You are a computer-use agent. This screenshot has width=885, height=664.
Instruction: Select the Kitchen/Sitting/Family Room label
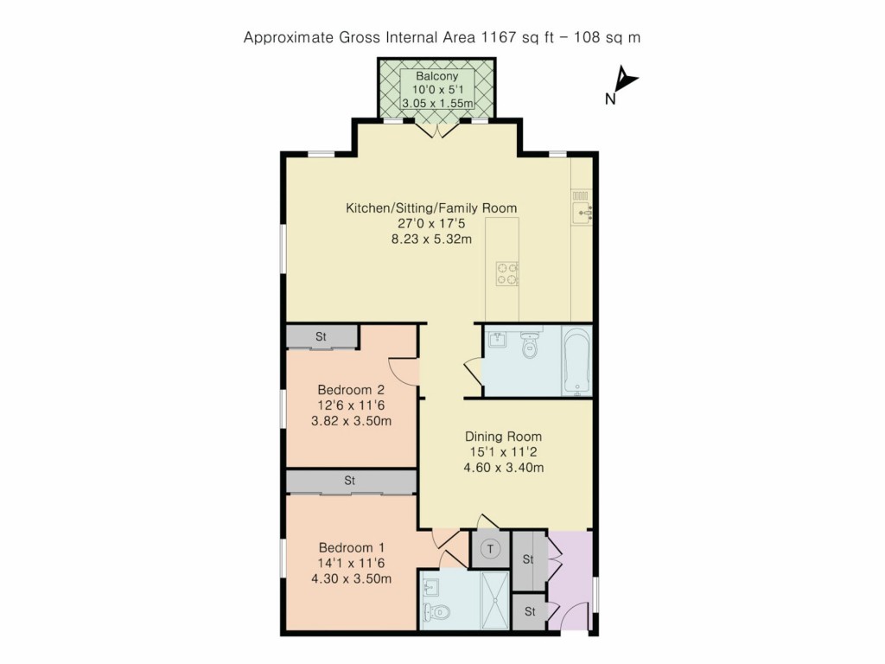431,208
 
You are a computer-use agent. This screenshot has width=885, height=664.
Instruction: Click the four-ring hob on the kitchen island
506,273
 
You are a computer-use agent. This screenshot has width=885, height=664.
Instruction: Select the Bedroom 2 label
350,389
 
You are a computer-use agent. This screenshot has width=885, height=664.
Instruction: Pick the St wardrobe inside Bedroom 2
322,336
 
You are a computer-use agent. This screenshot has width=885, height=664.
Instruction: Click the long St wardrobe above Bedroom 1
350,480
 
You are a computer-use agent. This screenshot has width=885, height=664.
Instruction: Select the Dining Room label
504,437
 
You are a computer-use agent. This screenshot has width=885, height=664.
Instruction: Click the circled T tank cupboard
491,548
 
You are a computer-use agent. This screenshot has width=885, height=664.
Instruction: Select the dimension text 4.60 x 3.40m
504,469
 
